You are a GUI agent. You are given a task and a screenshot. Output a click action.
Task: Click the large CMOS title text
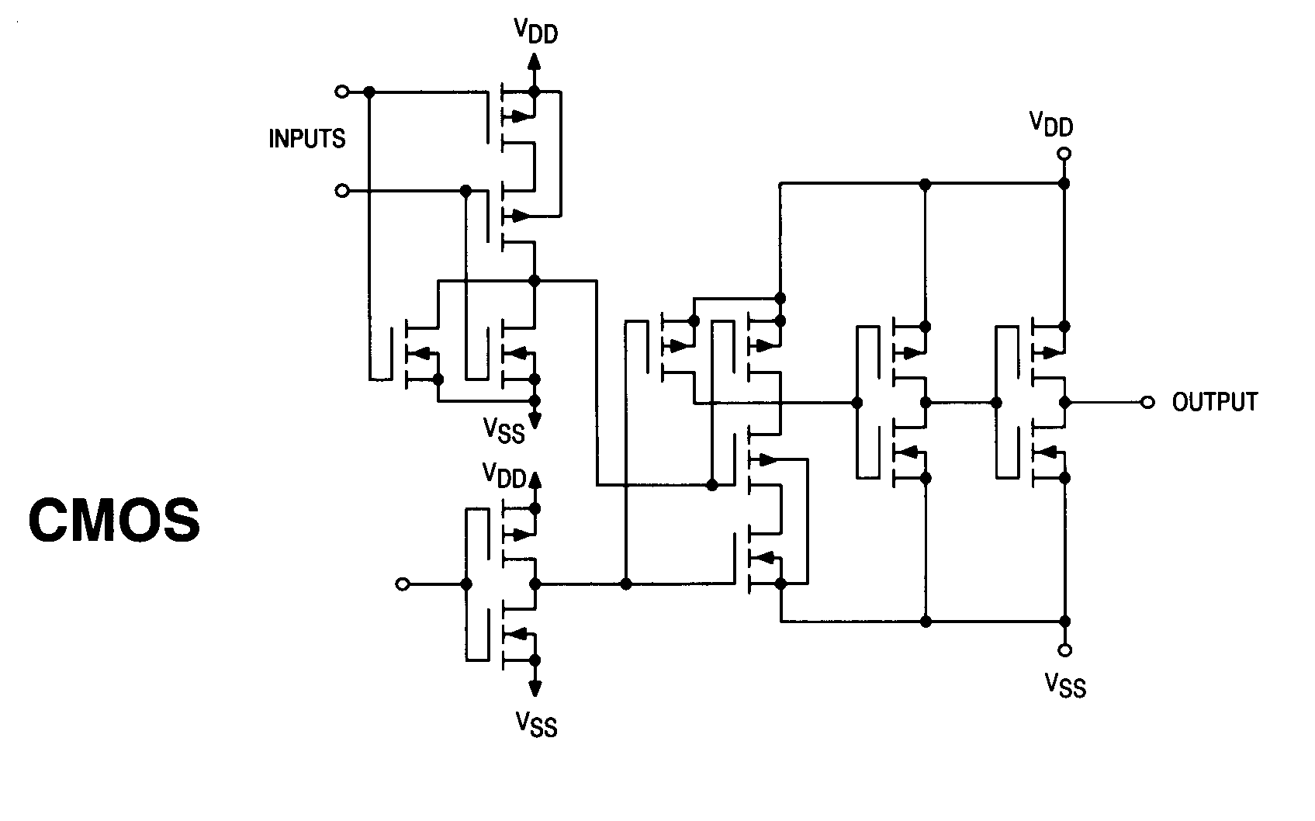click(114, 520)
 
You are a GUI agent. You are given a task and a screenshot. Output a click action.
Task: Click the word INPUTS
click(306, 139)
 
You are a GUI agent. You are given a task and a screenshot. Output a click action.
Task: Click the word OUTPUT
click(1214, 402)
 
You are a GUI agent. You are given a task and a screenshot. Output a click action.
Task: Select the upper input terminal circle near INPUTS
click(341, 92)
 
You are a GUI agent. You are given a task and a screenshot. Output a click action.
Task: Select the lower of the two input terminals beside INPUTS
click(341, 190)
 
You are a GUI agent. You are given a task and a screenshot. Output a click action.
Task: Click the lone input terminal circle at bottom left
click(402, 584)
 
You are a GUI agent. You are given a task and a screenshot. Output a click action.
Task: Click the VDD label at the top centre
click(535, 32)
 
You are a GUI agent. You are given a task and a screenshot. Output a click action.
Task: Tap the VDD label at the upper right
click(1051, 123)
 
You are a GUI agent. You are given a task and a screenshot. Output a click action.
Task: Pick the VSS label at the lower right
click(1064, 684)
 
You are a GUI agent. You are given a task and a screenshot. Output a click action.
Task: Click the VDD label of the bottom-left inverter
click(504, 474)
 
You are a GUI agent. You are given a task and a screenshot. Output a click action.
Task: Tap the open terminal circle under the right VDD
click(1064, 154)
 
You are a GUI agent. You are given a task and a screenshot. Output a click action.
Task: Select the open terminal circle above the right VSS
click(1064, 650)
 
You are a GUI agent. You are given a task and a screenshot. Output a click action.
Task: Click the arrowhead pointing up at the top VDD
click(534, 61)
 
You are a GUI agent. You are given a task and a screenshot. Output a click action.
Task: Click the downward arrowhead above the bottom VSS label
click(535, 687)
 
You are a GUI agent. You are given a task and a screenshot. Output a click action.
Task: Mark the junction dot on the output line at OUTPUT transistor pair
click(1064, 403)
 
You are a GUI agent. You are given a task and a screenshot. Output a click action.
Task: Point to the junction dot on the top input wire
click(369, 92)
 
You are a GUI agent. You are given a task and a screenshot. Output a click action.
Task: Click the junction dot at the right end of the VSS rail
click(1064, 621)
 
